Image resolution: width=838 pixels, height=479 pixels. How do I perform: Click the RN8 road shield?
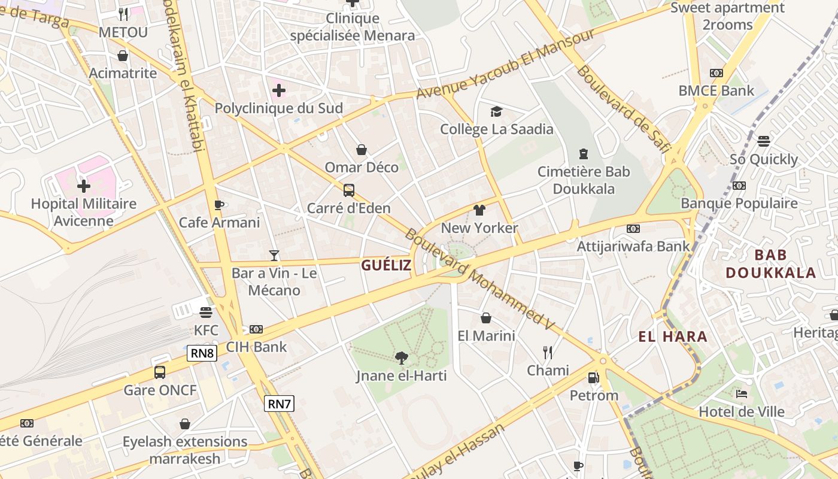click(x=202, y=353)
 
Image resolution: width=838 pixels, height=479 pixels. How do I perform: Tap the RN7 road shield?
click(x=279, y=404)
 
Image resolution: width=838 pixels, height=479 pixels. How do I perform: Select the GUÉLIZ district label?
click(x=386, y=265)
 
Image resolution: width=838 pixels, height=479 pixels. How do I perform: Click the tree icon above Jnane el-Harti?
click(x=402, y=358)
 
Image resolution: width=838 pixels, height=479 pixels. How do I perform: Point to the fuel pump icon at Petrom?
click(x=593, y=378)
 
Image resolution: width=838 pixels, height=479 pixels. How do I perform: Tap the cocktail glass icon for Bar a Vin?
click(x=274, y=256)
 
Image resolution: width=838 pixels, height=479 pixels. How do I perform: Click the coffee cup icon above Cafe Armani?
click(x=219, y=205)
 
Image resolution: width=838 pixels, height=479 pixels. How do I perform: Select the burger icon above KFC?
click(x=206, y=313)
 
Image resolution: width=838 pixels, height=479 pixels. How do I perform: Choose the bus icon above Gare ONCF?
click(x=160, y=372)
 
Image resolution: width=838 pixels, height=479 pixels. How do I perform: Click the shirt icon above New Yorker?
click(x=479, y=210)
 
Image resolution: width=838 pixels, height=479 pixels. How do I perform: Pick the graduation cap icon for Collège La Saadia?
click(x=496, y=111)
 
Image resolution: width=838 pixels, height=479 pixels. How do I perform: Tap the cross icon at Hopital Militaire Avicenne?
click(x=84, y=186)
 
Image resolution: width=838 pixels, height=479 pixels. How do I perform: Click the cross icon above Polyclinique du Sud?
click(x=278, y=91)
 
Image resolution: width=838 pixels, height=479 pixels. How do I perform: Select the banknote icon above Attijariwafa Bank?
click(x=633, y=229)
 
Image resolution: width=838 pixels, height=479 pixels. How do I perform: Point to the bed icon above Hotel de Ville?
click(x=741, y=394)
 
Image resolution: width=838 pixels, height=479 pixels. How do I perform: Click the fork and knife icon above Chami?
click(x=547, y=352)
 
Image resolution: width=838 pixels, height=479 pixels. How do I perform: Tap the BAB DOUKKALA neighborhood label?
click(x=771, y=264)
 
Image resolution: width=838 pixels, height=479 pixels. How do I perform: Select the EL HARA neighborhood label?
click(x=673, y=336)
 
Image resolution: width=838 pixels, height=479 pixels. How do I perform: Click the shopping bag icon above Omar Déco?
click(x=362, y=149)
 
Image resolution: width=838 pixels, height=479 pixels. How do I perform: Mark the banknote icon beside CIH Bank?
click(x=256, y=329)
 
